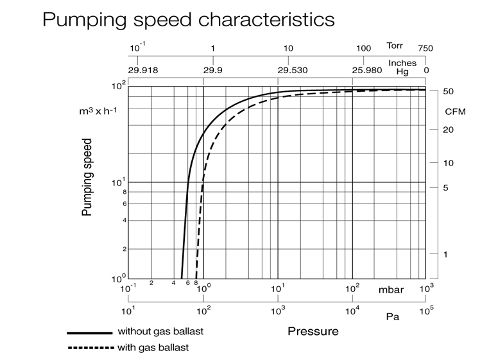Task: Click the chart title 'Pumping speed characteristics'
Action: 188,19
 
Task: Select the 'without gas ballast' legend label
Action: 164,332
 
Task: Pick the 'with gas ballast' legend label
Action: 153,348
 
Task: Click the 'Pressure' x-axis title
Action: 313,332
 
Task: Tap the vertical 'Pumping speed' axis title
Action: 88,176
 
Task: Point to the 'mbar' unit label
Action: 391,290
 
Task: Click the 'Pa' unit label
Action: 392,317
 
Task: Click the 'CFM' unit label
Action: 455,111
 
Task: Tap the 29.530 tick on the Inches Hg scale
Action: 291,70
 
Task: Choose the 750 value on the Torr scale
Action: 425,49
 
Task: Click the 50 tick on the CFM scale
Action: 449,92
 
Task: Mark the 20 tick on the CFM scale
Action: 449,130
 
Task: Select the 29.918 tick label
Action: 142,70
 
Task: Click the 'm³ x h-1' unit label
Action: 98,111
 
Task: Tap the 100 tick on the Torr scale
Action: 364,49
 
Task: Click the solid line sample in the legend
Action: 89,333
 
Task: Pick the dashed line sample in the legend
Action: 89,348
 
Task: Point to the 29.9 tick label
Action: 212,70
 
